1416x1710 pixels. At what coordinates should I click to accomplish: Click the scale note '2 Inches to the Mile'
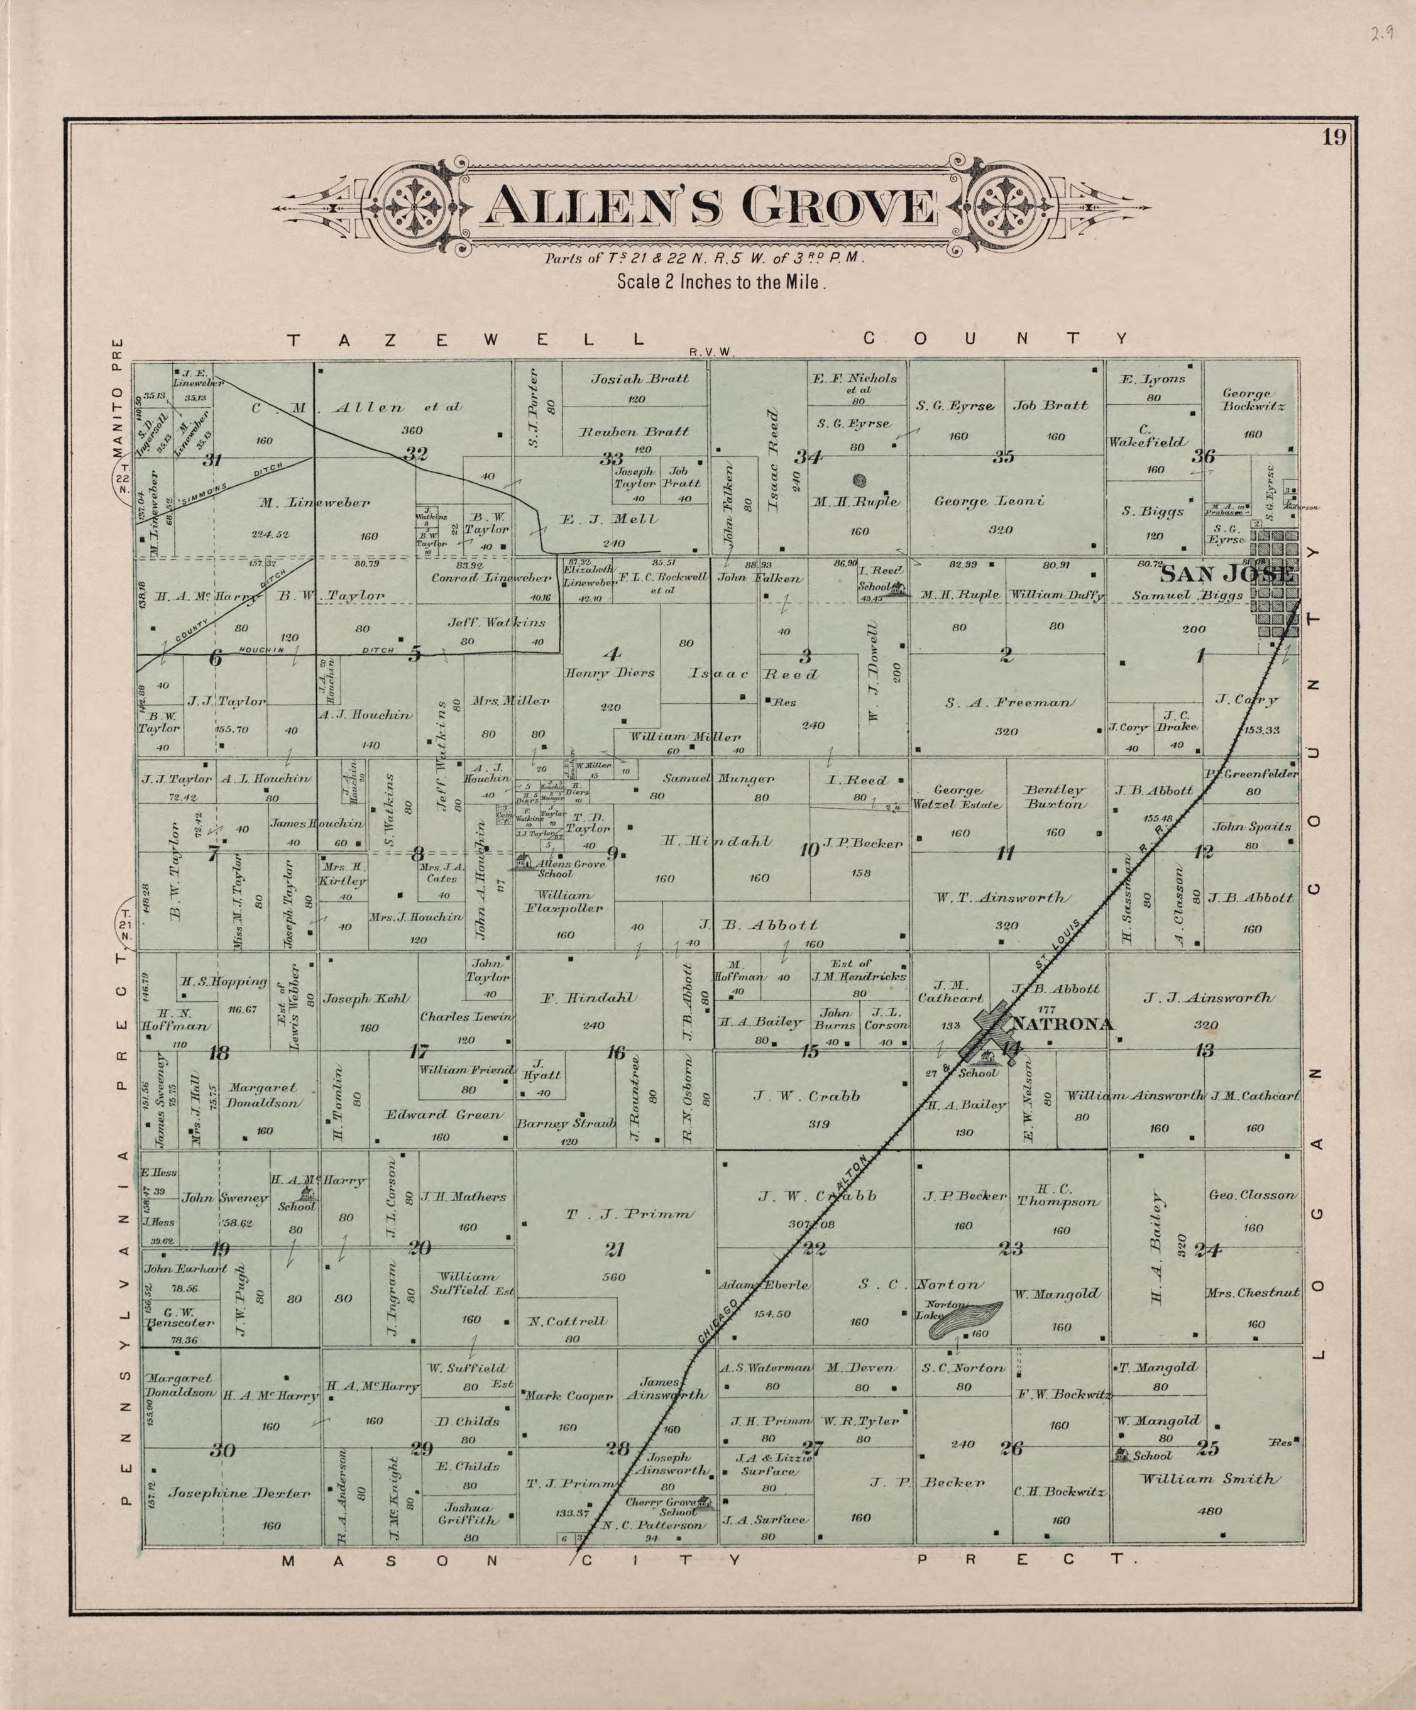click(722, 283)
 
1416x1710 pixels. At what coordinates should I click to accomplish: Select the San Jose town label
click(1226, 574)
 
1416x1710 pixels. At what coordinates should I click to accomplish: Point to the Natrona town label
click(1061, 1024)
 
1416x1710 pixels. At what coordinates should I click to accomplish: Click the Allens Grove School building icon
click(524, 862)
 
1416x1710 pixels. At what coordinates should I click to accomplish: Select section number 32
click(415, 454)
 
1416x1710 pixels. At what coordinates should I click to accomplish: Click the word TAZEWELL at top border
click(468, 339)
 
